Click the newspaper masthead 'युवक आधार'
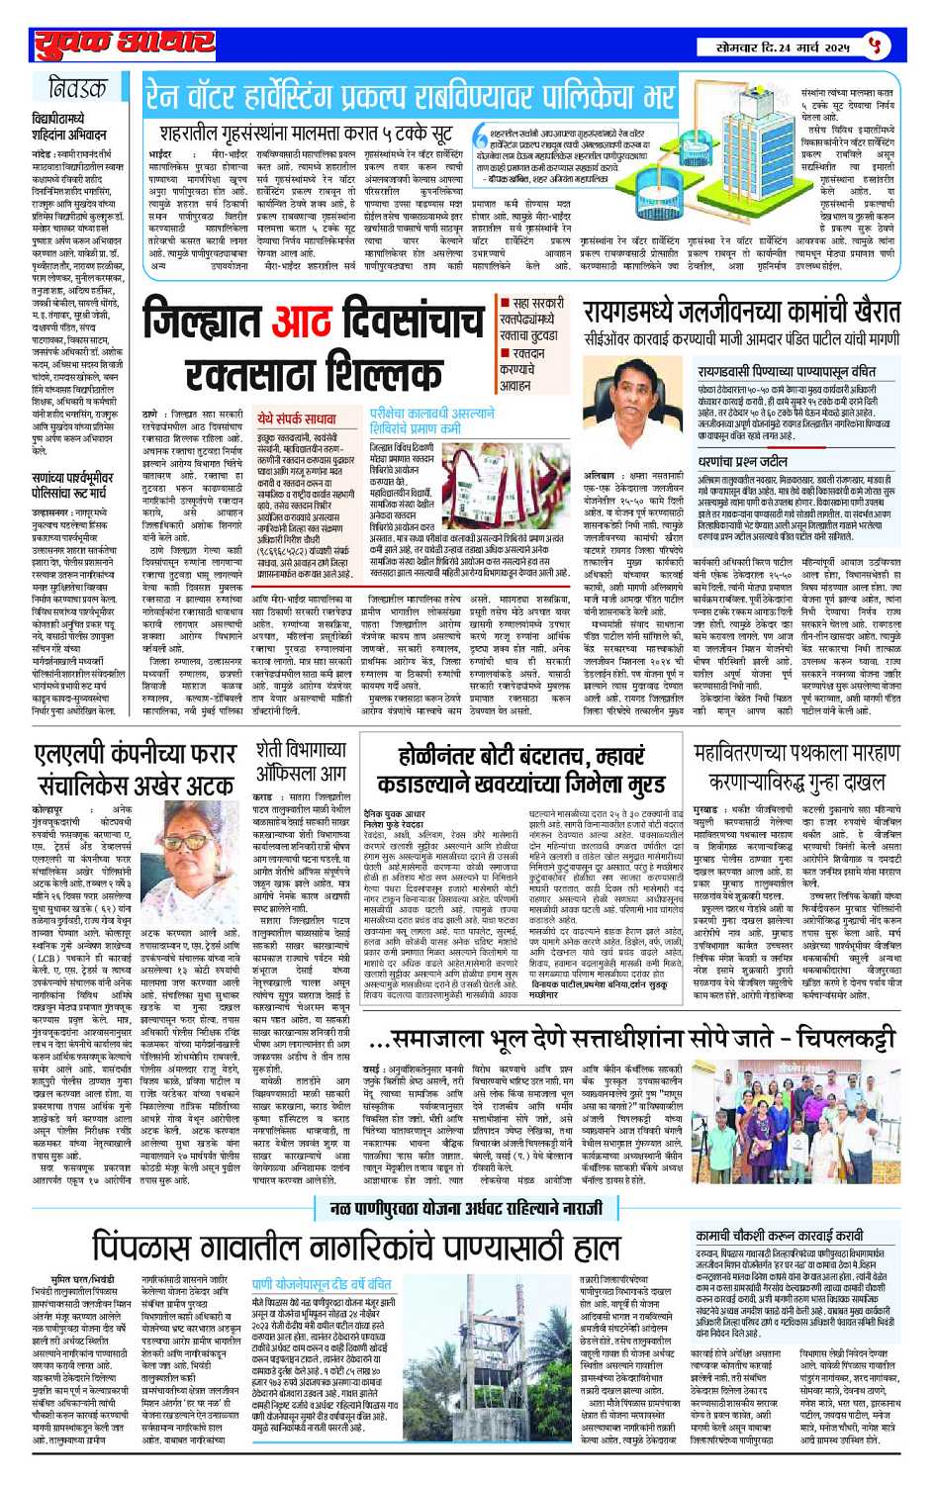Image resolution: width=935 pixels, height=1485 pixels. (125, 46)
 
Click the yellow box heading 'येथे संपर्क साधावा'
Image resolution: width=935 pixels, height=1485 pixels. (296, 418)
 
